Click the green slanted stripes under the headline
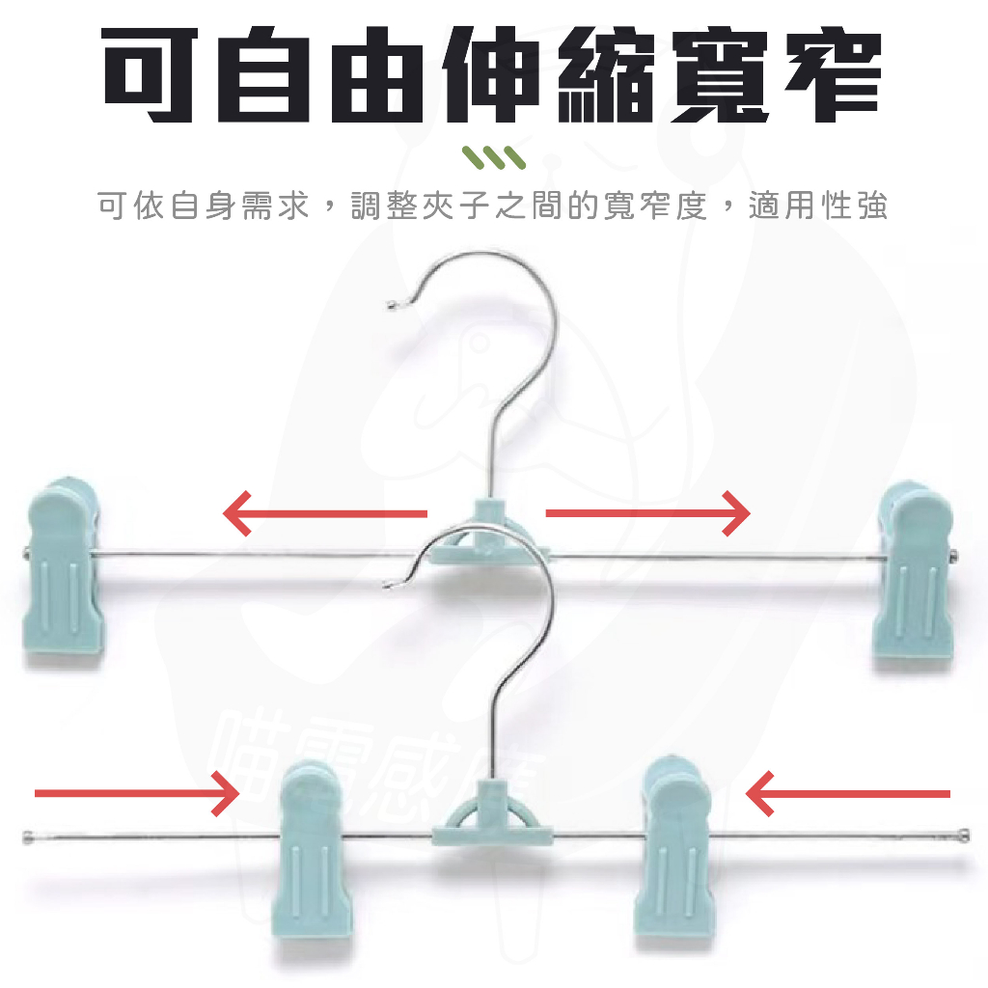[493, 157]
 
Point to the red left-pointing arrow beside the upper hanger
[324, 512]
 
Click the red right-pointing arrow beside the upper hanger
[647, 512]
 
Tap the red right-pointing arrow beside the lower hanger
[136, 793]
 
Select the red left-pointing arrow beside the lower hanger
[848, 793]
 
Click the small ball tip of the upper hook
[391, 307]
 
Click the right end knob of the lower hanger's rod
[963, 831]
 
